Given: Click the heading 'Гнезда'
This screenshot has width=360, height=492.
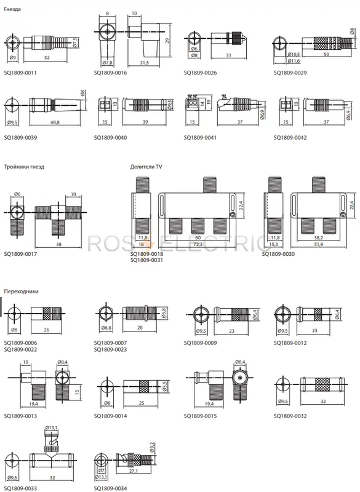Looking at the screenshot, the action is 12,9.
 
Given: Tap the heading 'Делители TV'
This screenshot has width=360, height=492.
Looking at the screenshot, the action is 146,167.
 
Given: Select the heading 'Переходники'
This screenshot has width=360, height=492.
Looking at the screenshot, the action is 21,292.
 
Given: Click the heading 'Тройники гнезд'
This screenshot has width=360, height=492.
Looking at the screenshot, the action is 24,167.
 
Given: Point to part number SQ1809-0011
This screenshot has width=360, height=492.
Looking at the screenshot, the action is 20,73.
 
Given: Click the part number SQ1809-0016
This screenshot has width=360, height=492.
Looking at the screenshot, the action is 110,73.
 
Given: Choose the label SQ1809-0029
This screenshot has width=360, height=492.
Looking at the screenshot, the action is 290,73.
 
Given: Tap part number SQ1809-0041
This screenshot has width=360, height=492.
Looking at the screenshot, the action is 200,137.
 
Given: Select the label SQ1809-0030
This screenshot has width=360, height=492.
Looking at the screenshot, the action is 278,254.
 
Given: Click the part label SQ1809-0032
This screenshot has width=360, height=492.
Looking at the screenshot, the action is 290,416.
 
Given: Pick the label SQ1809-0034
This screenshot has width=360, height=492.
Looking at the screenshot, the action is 110,488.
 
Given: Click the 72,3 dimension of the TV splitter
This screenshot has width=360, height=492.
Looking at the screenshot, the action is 198,244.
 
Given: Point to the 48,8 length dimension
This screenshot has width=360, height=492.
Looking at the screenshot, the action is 55,122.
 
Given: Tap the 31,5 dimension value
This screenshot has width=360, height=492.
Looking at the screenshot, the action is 144,63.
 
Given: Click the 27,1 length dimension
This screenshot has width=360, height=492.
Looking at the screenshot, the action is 134,471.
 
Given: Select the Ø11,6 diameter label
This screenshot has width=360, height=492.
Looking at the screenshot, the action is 294,61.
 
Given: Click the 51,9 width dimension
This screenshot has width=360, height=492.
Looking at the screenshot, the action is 318,244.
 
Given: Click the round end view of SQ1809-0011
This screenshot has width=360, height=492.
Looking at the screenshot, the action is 12,42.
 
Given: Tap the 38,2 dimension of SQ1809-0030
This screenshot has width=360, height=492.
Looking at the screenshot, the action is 318,238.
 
